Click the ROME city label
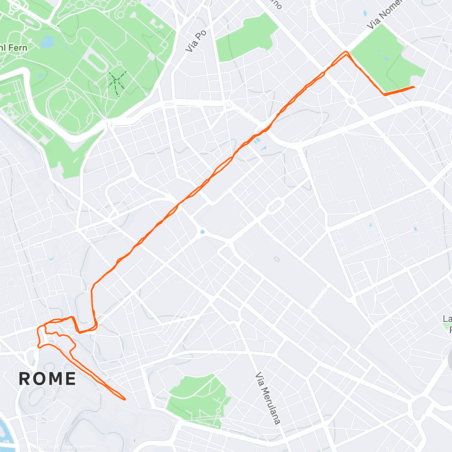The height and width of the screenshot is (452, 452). point(47,378)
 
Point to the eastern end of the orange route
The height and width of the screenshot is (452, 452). point(414,87)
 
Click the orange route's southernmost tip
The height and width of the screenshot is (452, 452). point(124,399)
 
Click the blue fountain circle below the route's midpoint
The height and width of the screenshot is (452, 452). point(202,232)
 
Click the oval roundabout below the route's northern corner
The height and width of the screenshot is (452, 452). point(351,101)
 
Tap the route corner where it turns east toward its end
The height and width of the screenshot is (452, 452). point(384,94)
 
